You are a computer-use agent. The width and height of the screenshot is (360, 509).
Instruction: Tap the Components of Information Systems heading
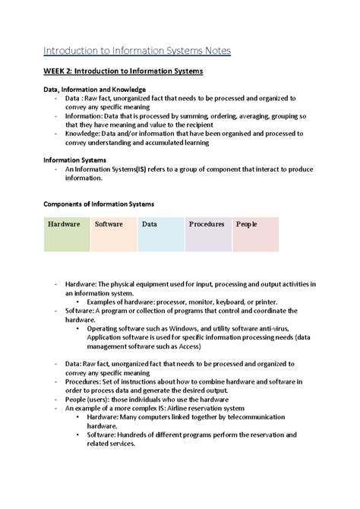click(x=99, y=204)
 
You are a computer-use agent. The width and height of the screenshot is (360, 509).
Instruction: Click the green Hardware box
click(x=66, y=234)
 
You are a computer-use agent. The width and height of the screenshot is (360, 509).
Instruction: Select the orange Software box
click(x=113, y=234)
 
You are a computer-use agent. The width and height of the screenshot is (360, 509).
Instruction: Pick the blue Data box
click(x=160, y=234)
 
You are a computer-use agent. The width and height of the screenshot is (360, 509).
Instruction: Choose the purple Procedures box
click(x=207, y=234)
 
